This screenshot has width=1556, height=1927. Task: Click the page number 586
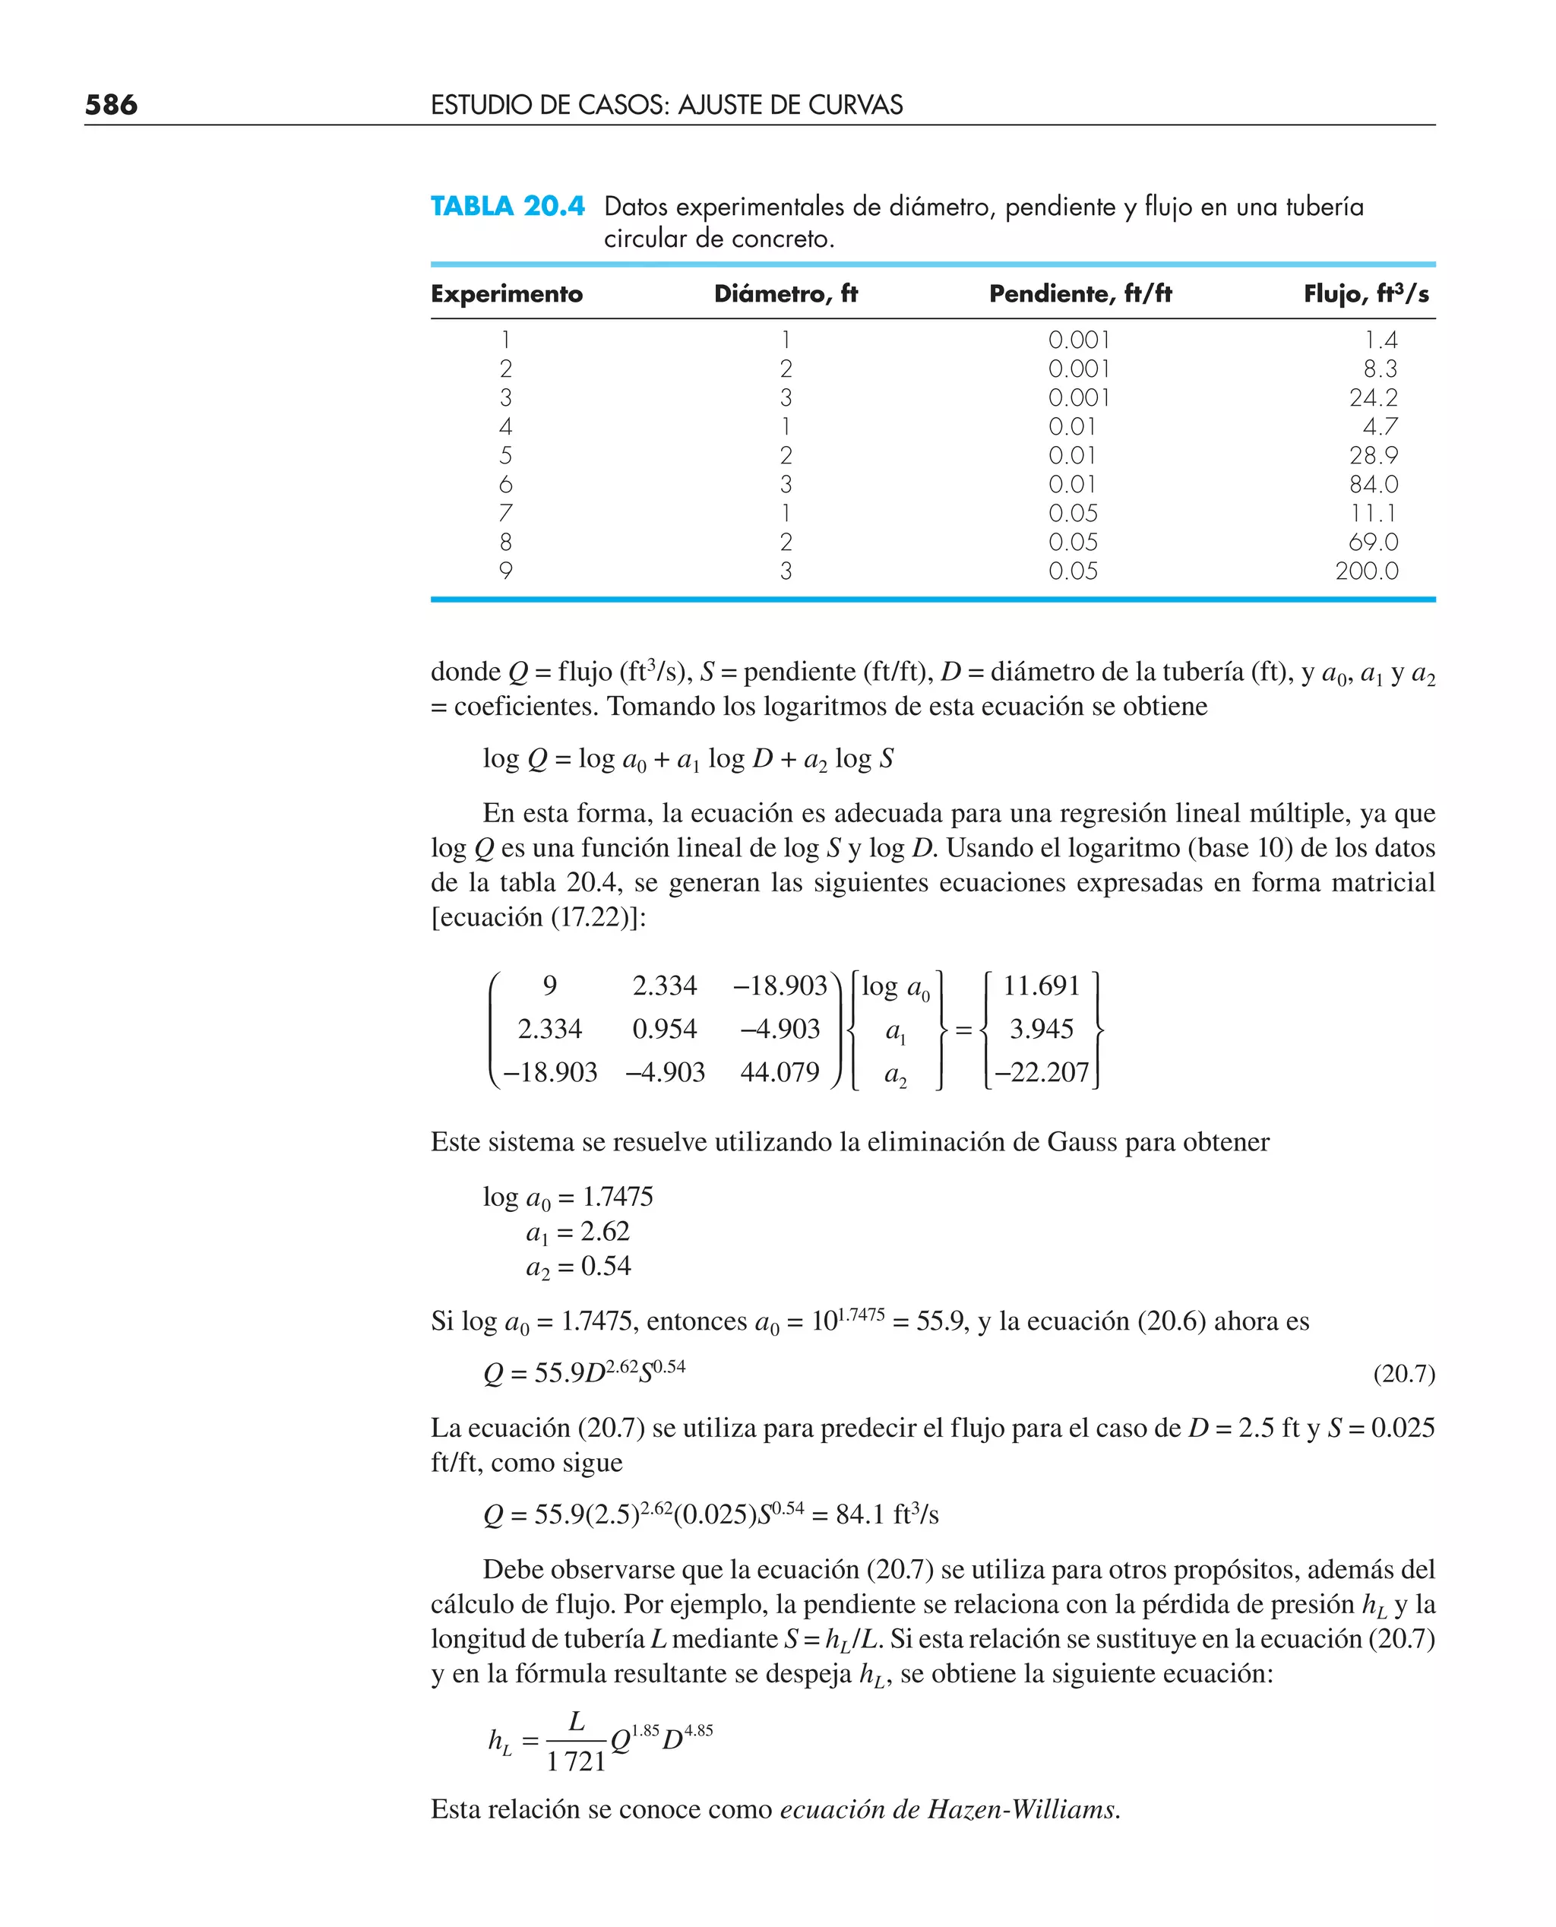click(111, 105)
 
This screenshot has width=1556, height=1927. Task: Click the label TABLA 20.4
click(508, 206)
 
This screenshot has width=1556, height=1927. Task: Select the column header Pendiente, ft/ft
click(1080, 294)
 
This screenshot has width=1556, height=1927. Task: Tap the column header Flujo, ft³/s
click(1366, 294)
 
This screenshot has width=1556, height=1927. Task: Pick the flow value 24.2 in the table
click(1373, 398)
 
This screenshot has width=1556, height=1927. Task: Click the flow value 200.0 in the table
click(1366, 571)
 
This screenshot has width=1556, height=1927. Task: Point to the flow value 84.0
click(1373, 485)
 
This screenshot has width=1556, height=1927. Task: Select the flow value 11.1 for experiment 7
click(1374, 514)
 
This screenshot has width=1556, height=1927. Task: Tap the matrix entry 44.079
click(779, 1072)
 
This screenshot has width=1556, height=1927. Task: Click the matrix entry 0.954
click(664, 1029)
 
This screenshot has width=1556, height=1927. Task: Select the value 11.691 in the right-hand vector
click(1041, 986)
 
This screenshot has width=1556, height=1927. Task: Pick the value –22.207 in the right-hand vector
click(1042, 1072)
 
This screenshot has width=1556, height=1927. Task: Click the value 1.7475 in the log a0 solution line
click(618, 1197)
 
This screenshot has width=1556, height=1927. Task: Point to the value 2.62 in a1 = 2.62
click(605, 1232)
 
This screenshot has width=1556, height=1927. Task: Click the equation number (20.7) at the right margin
click(1403, 1374)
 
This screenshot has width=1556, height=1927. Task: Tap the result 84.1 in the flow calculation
click(861, 1514)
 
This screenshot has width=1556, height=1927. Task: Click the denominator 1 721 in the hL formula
click(577, 1761)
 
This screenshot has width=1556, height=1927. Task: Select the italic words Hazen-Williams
click(1022, 1809)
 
